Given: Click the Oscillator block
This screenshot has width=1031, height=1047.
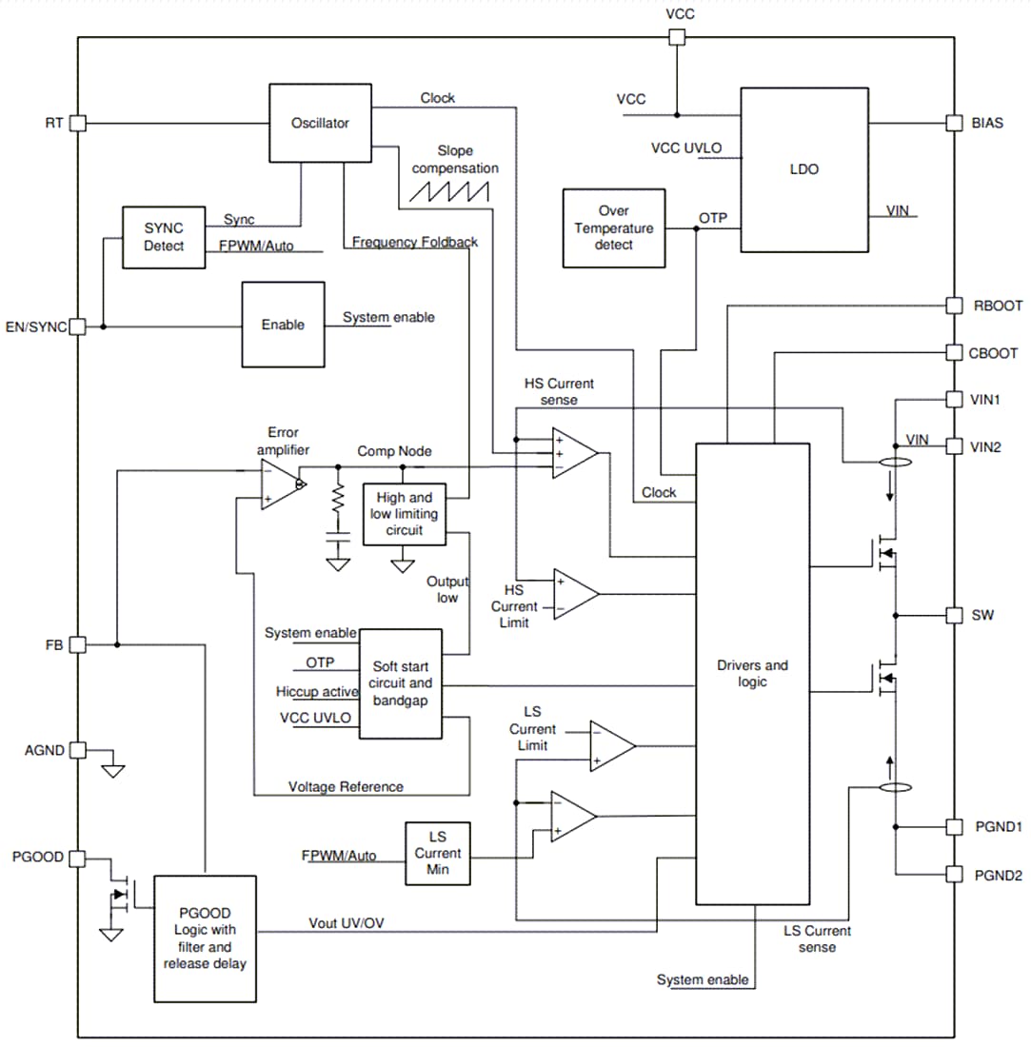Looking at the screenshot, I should [320, 123].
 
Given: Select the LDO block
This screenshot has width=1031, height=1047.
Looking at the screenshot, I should [803, 169].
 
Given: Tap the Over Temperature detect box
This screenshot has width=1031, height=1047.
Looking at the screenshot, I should [612, 227].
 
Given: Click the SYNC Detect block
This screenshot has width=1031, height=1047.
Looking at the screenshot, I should [163, 237].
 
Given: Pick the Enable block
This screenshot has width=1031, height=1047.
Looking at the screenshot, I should [283, 325].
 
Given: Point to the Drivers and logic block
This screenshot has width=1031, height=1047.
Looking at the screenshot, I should [752, 673].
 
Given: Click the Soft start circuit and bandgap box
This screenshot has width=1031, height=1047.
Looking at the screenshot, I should [400, 682].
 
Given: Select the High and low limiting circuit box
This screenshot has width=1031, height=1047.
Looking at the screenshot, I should [405, 514].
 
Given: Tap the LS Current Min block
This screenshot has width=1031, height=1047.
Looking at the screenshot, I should [437, 854].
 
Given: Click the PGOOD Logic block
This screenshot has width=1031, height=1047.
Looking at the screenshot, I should [205, 938].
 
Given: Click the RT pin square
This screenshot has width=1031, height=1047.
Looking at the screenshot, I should [78, 123].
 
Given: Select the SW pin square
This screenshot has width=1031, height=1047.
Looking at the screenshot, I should [954, 615].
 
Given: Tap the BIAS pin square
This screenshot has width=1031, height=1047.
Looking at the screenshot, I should [954, 123].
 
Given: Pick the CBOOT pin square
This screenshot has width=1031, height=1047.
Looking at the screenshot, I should [954, 352].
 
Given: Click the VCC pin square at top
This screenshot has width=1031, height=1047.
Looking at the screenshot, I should [676, 37].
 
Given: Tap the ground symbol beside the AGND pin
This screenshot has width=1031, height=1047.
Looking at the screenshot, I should [112, 769].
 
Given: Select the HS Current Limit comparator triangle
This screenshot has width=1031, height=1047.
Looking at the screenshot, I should [575, 593].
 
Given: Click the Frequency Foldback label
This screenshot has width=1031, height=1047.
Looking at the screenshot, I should [415, 242].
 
